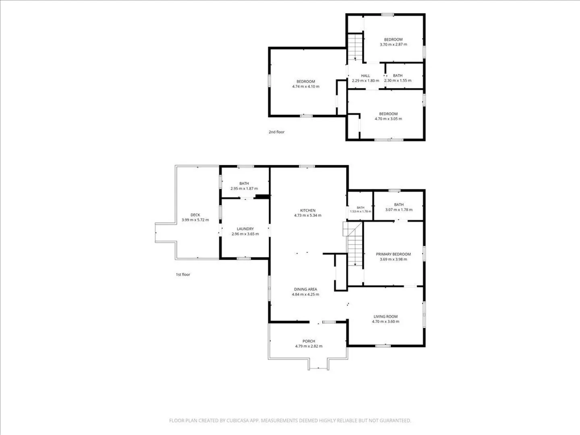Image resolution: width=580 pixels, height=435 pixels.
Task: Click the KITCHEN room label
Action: [x=308, y=211]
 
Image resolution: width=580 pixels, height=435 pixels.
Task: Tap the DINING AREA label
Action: [x=305, y=289]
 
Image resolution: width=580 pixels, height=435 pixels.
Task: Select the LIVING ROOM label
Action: [x=385, y=317]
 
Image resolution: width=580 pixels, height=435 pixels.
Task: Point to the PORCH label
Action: [x=309, y=341]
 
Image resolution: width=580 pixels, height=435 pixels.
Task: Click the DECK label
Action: [x=195, y=215]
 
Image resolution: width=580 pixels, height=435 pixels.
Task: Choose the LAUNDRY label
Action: [x=245, y=229]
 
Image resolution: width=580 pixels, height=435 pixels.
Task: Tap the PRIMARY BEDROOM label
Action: [x=393, y=254]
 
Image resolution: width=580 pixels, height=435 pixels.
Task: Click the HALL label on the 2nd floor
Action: [x=365, y=76]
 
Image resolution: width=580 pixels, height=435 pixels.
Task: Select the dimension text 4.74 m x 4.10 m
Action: [x=306, y=86]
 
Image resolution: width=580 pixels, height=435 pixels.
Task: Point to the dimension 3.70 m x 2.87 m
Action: [x=394, y=44]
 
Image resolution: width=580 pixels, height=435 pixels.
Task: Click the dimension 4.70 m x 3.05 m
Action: [x=388, y=119]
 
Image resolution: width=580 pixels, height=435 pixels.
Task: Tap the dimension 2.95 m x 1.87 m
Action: [x=244, y=188]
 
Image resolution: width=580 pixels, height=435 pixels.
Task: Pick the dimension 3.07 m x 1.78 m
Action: [x=399, y=210]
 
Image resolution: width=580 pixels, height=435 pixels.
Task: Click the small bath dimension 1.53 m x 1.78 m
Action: [x=360, y=211]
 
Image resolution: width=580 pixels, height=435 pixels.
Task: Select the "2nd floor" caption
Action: [x=276, y=132]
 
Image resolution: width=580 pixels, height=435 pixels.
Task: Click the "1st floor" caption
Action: [x=183, y=274]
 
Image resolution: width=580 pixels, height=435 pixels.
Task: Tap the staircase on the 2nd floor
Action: [x=355, y=47]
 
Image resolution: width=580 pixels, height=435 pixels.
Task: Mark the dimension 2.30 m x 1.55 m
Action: [x=398, y=81]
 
